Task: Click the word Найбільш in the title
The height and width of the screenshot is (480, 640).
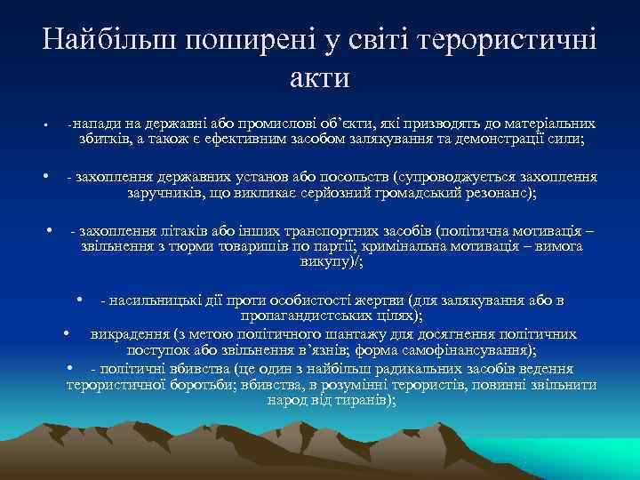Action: (x=104, y=40)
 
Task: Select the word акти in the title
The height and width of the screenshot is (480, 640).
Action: (x=320, y=77)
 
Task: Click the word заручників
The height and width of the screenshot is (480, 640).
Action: (x=165, y=192)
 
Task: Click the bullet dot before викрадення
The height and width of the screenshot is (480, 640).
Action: (x=68, y=333)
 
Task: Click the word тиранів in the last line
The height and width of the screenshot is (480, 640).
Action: (x=362, y=400)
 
